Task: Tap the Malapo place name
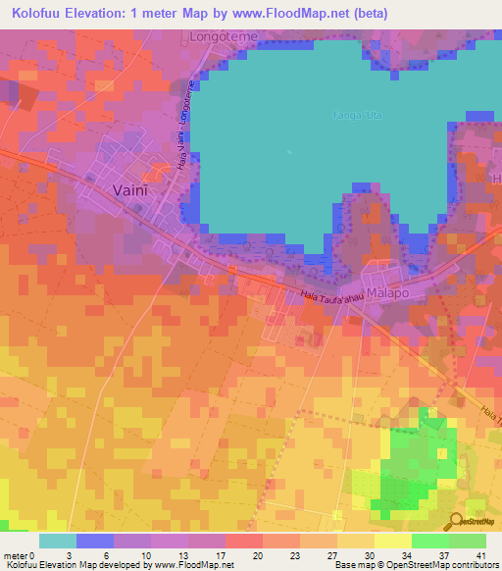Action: click(x=388, y=294)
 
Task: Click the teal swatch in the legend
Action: click(x=58, y=541)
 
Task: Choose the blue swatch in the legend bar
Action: click(x=95, y=541)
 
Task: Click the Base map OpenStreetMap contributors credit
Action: click(x=415, y=565)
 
